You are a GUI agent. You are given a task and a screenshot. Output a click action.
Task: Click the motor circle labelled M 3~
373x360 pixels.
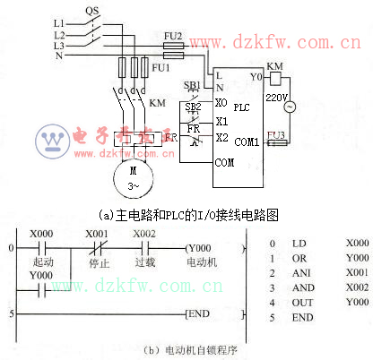[134, 176]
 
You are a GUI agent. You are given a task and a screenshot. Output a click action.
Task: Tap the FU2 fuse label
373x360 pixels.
[173, 35]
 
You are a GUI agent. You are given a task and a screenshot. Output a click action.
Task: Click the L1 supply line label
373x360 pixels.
[59, 21]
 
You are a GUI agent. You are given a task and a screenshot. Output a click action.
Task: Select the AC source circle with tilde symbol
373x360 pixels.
[290, 107]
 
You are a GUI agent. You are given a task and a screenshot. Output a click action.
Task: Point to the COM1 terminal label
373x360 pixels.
[247, 141]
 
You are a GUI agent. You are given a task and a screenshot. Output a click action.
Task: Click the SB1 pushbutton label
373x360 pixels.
[192, 85]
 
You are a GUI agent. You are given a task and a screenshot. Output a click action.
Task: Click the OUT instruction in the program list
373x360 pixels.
[299, 303]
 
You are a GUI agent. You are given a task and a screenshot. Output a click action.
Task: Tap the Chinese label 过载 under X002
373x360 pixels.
[144, 263]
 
